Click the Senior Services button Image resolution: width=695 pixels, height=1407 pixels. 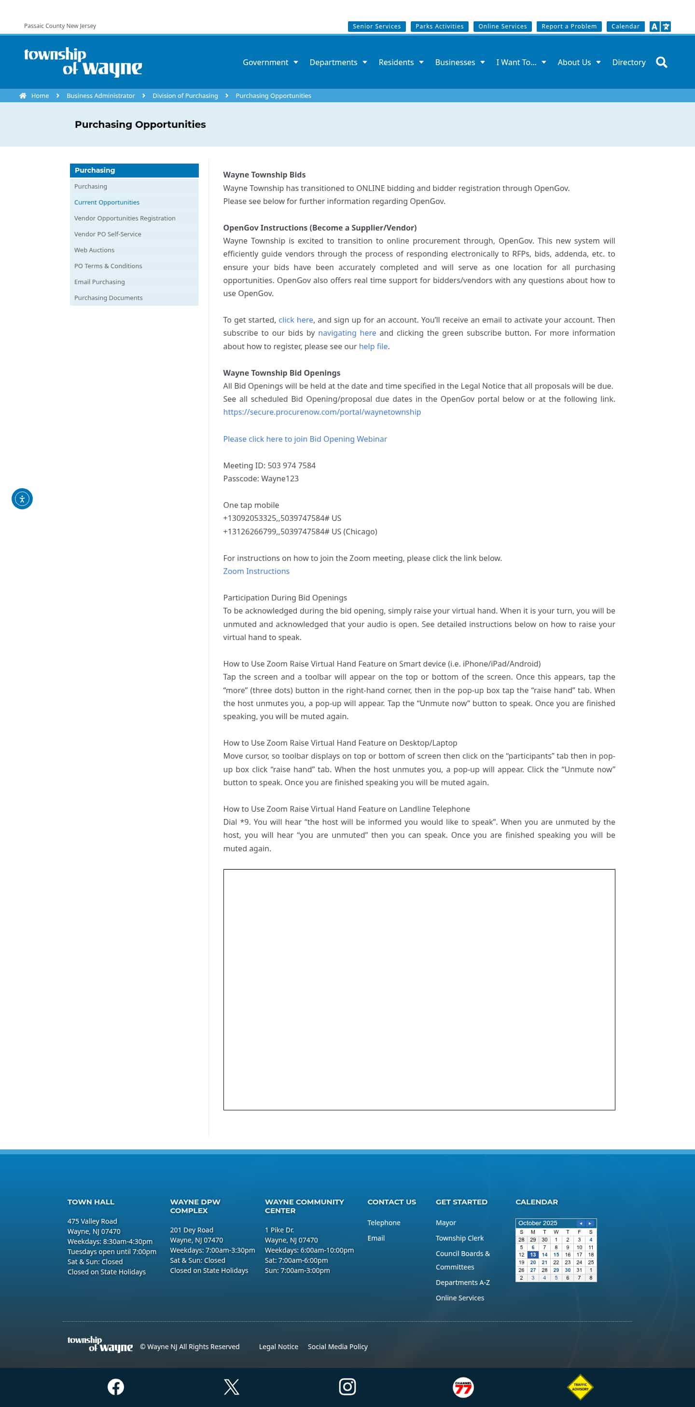[376, 26]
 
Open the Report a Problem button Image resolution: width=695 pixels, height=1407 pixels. [569, 26]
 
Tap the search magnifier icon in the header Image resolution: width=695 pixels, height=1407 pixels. [661, 62]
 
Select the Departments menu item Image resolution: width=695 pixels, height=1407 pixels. [338, 62]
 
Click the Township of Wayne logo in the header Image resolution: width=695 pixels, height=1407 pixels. [83, 61]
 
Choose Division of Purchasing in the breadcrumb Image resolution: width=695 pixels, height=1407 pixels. [185, 96]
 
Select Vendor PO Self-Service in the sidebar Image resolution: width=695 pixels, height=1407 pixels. [108, 234]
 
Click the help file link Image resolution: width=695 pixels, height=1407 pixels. [373, 346]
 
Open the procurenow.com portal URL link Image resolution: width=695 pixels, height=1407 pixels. [322, 412]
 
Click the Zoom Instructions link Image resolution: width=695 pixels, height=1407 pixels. [256, 571]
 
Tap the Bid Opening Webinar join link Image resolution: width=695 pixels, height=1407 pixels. [305, 438]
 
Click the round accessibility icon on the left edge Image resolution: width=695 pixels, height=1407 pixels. [22, 499]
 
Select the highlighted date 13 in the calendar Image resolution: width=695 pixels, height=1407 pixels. [533, 1255]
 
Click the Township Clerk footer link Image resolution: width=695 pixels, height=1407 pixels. [459, 1238]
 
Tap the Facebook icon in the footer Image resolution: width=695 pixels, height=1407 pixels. [116, 1386]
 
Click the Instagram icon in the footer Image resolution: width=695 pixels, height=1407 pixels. [347, 1386]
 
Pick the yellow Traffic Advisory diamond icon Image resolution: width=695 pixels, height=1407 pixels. [580, 1386]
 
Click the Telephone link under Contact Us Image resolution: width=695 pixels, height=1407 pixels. [384, 1222]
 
